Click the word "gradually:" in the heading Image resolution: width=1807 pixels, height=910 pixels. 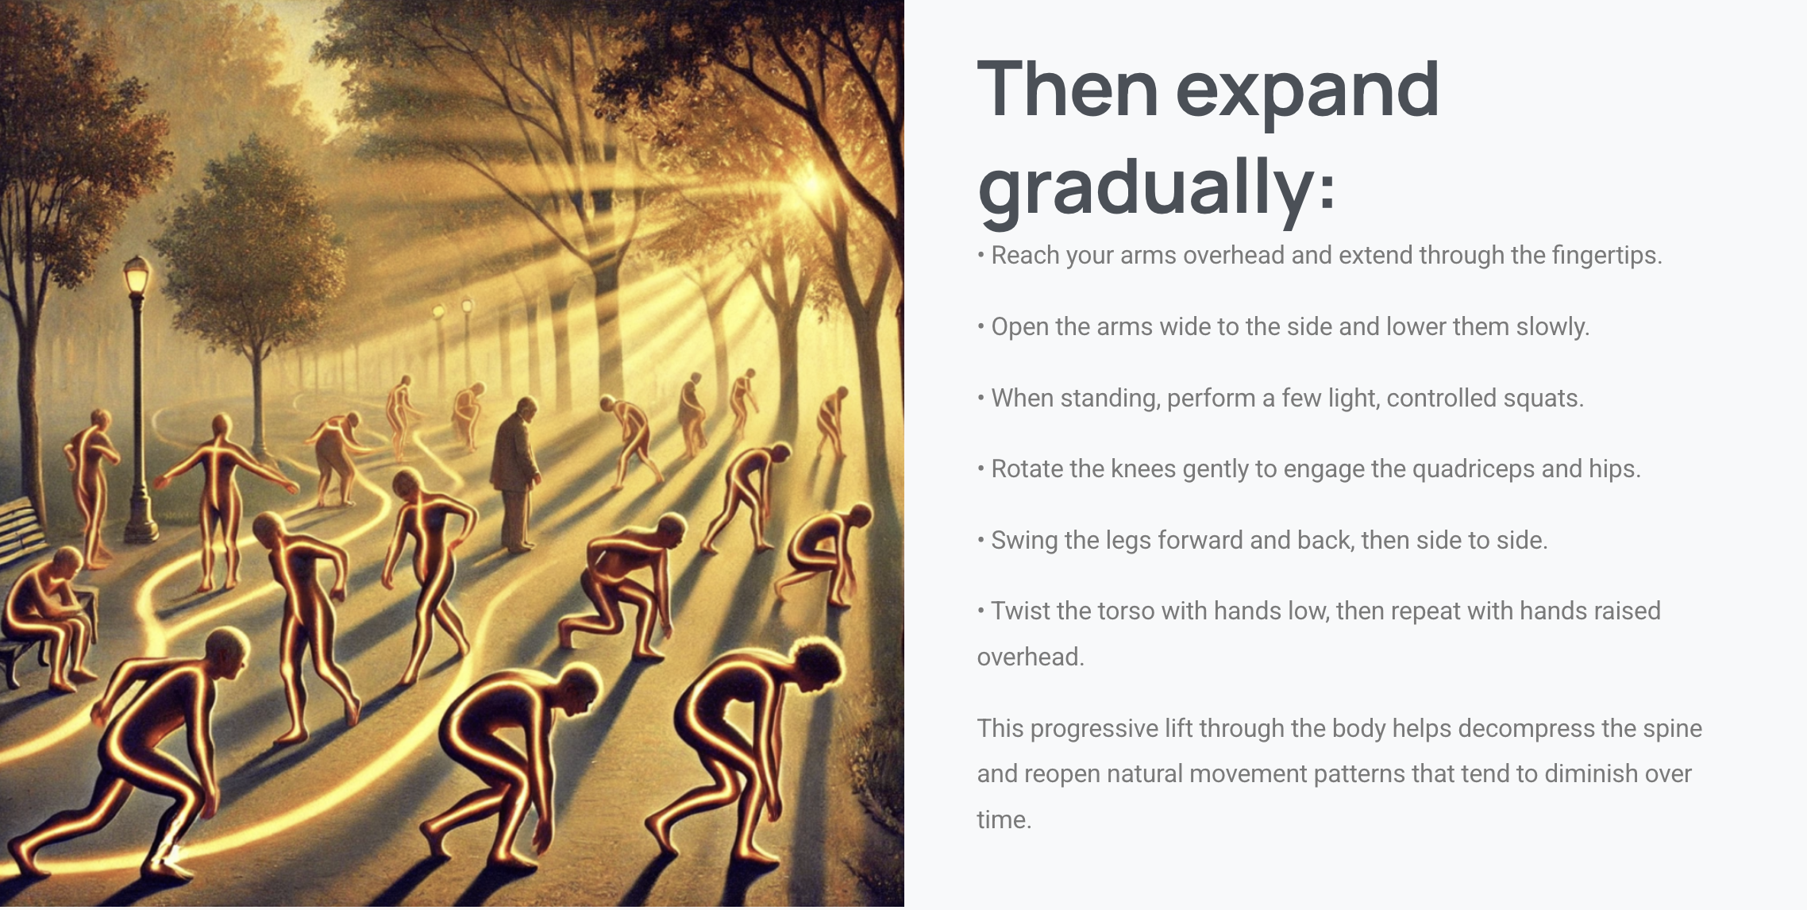click(1156, 187)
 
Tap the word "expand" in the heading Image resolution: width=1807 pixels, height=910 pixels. click(1307, 91)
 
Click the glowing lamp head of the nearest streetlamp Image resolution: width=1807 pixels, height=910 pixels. click(137, 276)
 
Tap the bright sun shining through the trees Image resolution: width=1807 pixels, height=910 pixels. click(811, 184)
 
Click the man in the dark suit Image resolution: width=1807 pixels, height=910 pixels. click(514, 475)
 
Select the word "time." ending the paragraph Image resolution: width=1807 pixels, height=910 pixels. click(1004, 820)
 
